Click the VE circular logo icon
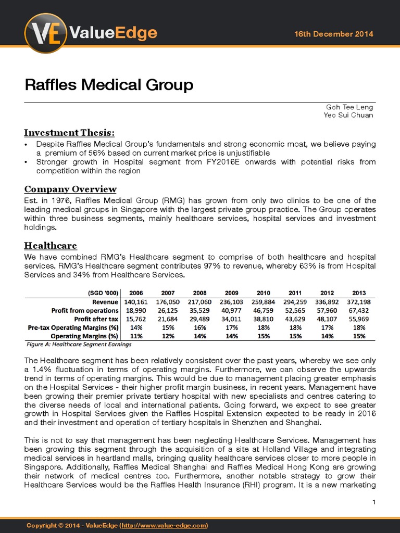point(45,33)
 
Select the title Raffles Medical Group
point(109,85)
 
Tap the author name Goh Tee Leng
point(349,107)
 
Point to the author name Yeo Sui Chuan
point(348,115)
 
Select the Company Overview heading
point(70,188)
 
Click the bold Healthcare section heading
point(51,245)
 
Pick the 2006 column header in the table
point(136,293)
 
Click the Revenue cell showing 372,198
point(359,301)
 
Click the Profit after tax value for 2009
point(231,319)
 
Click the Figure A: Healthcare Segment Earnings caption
point(79,344)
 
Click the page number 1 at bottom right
point(374,502)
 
